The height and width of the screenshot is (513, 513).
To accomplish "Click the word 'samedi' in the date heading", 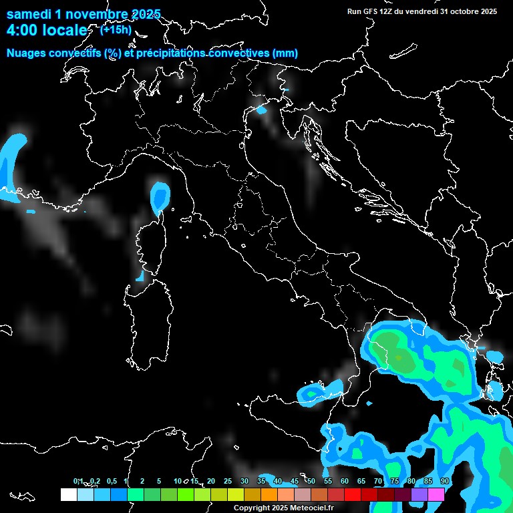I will (29, 14).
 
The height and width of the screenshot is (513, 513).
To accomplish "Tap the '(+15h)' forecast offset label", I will (116, 29).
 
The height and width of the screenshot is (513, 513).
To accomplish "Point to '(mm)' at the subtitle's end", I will (285, 53).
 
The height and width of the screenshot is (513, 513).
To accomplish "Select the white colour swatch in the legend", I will (68, 494).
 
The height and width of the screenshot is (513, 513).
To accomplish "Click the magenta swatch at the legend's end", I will (436, 494).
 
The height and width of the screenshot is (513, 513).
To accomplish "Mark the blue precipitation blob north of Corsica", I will (160, 196).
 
